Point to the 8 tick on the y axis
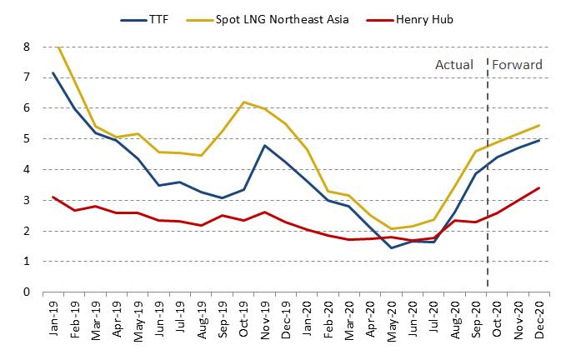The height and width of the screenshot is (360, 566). click(x=27, y=47)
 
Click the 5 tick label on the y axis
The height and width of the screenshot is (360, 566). click(x=27, y=139)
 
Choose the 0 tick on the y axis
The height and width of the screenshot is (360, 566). click(x=27, y=292)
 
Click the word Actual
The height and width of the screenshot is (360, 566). click(x=454, y=65)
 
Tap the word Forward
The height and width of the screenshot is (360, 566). click(x=518, y=65)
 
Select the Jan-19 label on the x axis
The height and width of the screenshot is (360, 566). click(x=54, y=318)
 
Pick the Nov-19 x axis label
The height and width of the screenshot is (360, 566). click(x=265, y=318)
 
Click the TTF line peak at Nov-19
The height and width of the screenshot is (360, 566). click(x=265, y=146)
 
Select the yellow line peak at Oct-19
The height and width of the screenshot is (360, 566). click(x=243, y=102)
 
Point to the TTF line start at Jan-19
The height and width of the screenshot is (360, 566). click(x=54, y=72)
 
